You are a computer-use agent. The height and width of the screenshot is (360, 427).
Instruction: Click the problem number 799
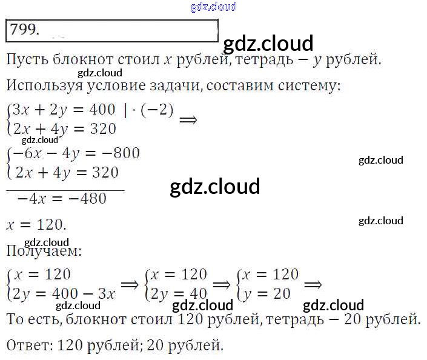pos(25,30)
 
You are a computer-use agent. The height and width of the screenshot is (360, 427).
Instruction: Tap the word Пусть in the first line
pos(25,60)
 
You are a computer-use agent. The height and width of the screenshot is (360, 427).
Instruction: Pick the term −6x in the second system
pos(26,153)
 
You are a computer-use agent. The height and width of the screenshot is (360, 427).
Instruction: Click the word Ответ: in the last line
pos(30,346)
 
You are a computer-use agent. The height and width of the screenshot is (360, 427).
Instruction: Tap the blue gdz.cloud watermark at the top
pos(213,7)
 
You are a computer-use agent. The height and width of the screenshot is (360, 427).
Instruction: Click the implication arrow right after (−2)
pos(188,119)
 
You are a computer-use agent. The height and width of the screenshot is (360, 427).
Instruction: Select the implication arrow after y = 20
pos(313,284)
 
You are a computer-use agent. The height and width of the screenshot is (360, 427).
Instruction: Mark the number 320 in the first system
pos(99,129)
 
